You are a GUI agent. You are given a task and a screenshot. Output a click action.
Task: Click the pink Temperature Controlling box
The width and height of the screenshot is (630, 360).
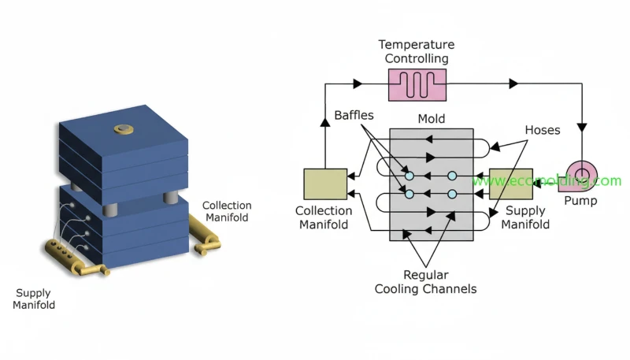417,84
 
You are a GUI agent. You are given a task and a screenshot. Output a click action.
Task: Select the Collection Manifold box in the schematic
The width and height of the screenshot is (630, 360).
325,184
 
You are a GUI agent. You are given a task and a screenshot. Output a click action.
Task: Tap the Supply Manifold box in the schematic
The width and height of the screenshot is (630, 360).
511,184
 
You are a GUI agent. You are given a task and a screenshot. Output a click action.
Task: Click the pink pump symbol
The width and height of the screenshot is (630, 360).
583,174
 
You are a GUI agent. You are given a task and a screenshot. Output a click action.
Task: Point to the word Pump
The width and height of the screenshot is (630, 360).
582,201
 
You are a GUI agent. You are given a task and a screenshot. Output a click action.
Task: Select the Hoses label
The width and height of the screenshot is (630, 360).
542,130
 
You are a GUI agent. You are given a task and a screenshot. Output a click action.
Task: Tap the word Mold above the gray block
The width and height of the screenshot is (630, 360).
432,119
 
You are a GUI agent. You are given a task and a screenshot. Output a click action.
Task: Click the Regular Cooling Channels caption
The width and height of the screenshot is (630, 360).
425,282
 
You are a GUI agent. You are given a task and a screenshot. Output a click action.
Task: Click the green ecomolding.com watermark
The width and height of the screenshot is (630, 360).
547,181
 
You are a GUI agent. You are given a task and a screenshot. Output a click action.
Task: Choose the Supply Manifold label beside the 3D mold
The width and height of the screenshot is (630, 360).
34,299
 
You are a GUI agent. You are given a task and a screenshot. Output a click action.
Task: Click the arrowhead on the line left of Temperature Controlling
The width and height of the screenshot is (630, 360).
358,83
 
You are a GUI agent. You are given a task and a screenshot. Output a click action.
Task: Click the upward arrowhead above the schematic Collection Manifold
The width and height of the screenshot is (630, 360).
325,121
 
